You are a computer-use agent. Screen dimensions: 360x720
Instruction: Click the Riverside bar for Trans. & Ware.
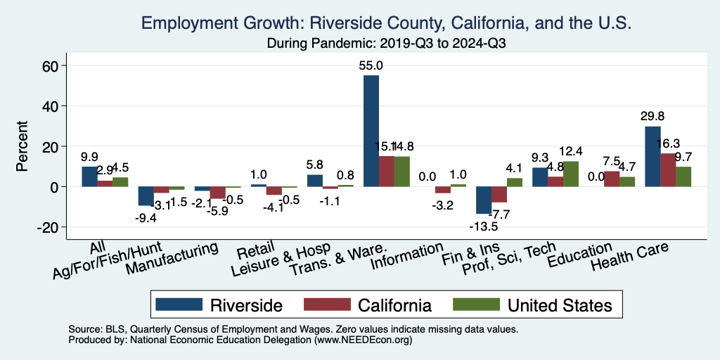tap(371, 131)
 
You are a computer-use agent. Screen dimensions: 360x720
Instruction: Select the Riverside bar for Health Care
tap(652, 156)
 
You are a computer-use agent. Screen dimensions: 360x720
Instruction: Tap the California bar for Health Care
tap(668, 169)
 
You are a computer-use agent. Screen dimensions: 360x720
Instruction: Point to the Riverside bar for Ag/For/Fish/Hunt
tap(146, 196)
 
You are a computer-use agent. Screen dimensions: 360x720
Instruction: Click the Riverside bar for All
tap(89, 176)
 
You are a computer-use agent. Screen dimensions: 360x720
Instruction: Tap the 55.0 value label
tap(371, 65)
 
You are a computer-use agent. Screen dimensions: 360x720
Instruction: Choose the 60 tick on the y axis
tap(54, 66)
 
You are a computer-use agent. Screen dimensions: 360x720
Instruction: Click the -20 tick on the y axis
tap(51, 227)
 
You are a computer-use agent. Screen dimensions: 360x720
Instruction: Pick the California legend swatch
tap(326, 304)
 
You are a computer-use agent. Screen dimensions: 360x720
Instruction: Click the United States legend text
tap(560, 305)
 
